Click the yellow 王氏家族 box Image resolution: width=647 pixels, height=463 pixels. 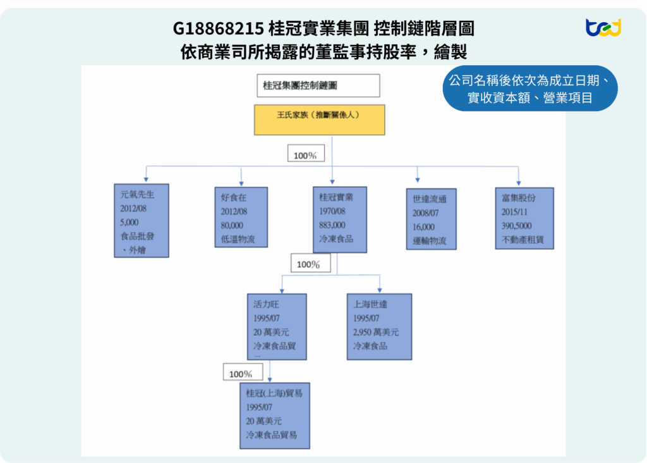[319, 120]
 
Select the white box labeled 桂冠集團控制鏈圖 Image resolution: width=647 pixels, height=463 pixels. [318, 85]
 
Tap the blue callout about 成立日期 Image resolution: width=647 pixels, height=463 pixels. [529, 89]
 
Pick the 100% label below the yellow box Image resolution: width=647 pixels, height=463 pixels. [305, 155]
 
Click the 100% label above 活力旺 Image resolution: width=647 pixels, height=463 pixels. [310, 264]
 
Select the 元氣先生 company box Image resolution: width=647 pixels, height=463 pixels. [142, 221]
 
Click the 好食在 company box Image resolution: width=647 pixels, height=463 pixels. [241, 216]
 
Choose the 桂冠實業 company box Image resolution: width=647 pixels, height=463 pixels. [340, 219]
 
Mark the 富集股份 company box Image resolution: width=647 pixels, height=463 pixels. [523, 218]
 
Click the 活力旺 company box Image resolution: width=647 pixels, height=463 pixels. [277, 326]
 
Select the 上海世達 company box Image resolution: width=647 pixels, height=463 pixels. [379, 326]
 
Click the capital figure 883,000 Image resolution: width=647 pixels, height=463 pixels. [332, 225]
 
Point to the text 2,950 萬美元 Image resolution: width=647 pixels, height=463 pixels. [376, 333]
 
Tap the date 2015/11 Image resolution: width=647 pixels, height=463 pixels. [514, 211]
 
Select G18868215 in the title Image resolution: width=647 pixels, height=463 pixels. [217, 29]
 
